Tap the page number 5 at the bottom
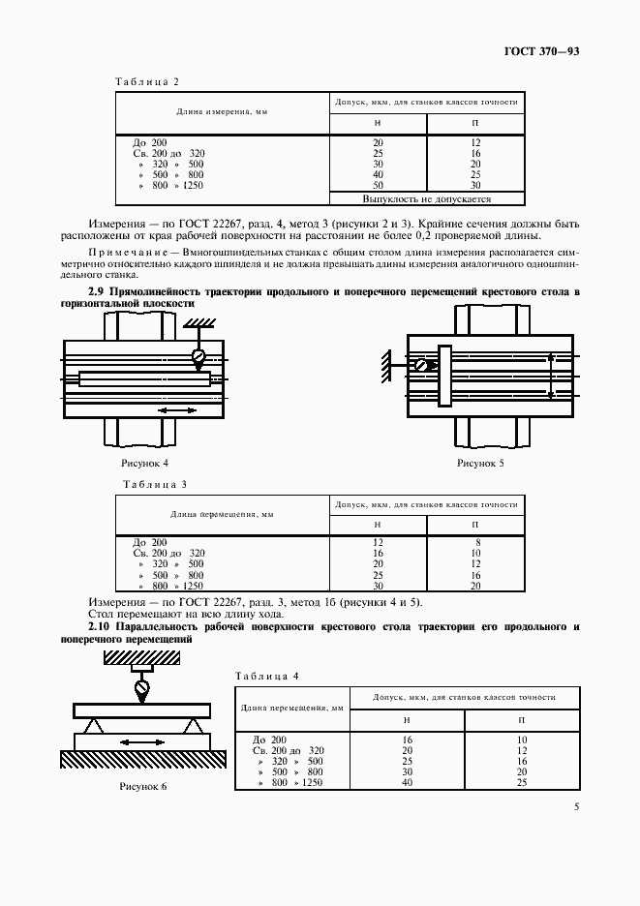[576, 805]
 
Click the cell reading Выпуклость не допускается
[427, 198]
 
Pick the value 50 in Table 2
[378, 184]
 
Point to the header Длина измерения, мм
[222, 111]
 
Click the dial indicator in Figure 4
[198, 356]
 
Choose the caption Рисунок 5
[480, 463]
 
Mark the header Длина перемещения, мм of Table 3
[222, 514]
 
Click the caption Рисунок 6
[143, 785]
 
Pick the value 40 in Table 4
[407, 781]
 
